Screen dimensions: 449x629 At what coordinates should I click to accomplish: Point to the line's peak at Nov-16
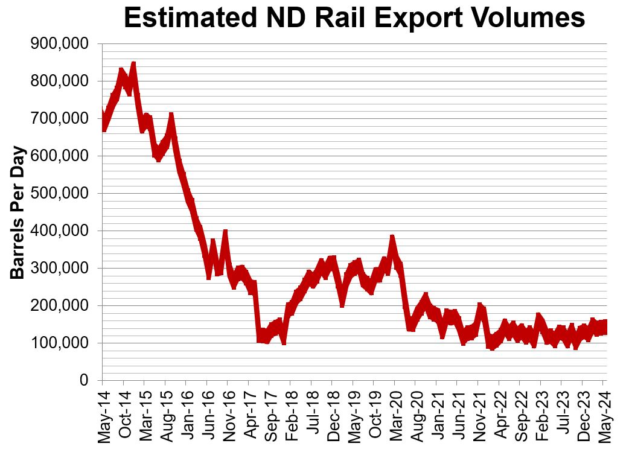(x=225, y=233)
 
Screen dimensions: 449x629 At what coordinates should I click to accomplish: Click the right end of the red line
(x=605, y=326)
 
